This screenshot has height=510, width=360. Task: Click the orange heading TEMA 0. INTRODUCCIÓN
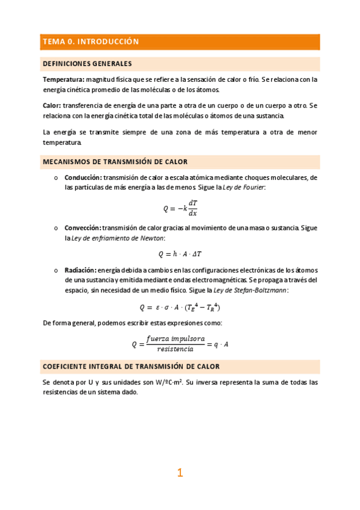(90, 41)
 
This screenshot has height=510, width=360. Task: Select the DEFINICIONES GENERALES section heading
(87, 64)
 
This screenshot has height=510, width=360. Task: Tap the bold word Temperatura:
(63, 79)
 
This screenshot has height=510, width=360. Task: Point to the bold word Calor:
(51, 105)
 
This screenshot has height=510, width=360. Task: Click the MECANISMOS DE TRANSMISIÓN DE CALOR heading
(115, 162)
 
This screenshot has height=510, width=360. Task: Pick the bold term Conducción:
(83, 178)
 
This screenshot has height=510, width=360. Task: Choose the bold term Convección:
(83, 229)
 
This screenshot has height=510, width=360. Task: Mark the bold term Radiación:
(80, 270)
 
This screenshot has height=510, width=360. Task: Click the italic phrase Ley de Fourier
(245, 188)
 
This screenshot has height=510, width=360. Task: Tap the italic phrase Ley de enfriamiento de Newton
(109, 239)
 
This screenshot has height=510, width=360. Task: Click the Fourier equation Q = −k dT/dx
(180, 208)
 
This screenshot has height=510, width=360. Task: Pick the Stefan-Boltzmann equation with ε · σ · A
(180, 307)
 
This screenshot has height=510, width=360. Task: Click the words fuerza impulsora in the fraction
(180, 339)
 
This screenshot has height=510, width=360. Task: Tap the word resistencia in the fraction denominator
(175, 349)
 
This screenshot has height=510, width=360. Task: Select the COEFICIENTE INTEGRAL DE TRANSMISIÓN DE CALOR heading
(130, 366)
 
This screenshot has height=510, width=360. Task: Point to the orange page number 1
(180, 473)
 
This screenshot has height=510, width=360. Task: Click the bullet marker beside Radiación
(55, 270)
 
